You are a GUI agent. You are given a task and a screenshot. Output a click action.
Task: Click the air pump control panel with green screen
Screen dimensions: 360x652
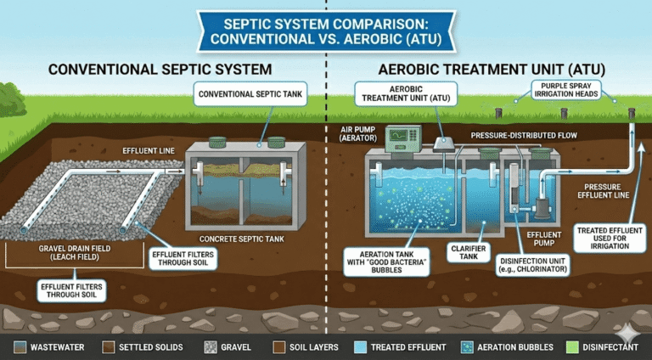tap(397, 139)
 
